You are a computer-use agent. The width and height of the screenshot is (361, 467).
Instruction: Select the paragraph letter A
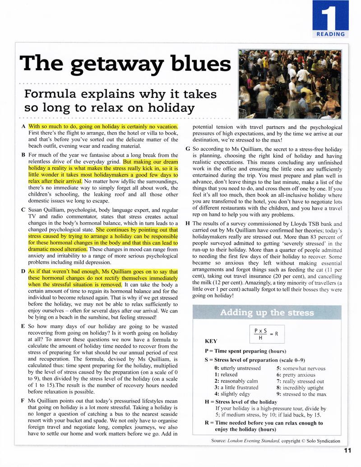click(x=23, y=127)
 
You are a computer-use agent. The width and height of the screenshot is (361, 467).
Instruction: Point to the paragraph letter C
click(x=23, y=210)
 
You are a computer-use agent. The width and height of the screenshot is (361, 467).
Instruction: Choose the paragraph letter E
click(x=23, y=325)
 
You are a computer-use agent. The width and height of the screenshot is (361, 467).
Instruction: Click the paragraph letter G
click(x=188, y=148)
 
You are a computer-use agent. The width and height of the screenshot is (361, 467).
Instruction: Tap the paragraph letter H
click(x=188, y=224)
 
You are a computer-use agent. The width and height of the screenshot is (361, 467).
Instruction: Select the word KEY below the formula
click(x=211, y=341)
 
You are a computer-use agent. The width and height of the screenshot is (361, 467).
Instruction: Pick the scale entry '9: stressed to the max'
click(x=301, y=394)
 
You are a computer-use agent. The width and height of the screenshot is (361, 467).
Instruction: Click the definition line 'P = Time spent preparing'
click(x=245, y=351)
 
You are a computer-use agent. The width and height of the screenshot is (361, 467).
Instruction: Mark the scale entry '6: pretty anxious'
click(x=296, y=375)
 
